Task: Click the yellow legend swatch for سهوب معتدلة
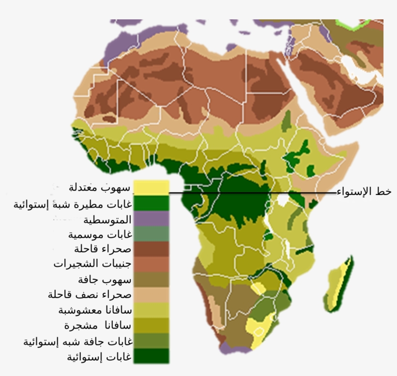pyautogui.click(x=152, y=187)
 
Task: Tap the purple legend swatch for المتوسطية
pyautogui.click(x=152, y=218)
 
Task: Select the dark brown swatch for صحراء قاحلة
pyautogui.click(x=152, y=249)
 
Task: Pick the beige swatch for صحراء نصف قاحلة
pyautogui.click(x=152, y=295)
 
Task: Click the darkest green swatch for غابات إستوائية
pyautogui.click(x=152, y=356)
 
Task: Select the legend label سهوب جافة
pyautogui.click(x=104, y=280)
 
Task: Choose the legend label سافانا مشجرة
pyautogui.click(x=97, y=325)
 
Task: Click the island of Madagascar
pyautogui.click(x=339, y=286)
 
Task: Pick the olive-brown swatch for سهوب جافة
pyautogui.click(x=152, y=280)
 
